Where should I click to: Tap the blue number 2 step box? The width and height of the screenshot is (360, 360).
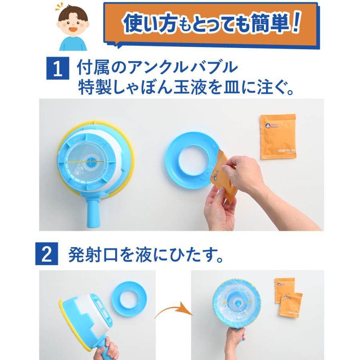50,256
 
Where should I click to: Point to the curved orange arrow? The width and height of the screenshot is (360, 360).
172,311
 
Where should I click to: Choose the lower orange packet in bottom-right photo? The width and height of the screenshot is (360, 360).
291,306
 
